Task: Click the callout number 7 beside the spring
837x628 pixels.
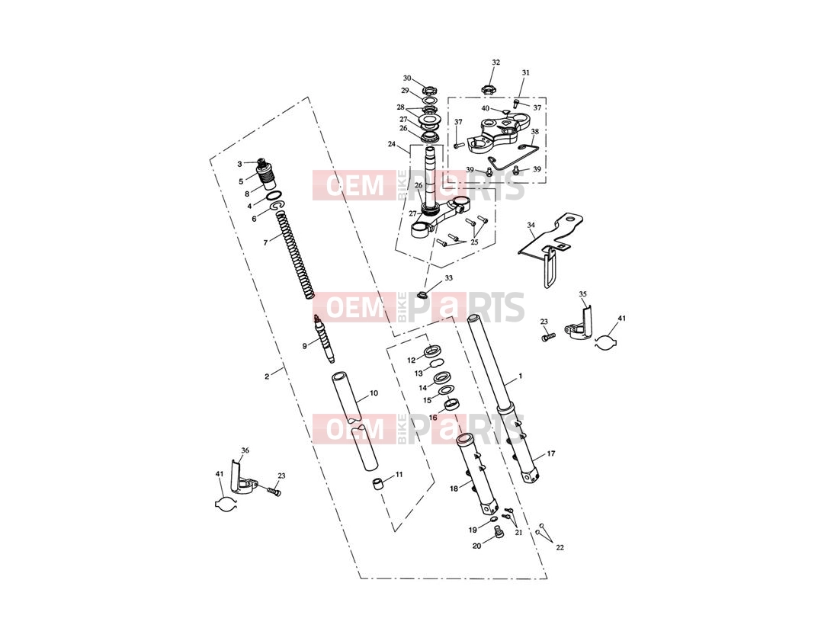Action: point(265,243)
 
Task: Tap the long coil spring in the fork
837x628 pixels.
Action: point(294,255)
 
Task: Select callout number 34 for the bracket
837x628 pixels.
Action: point(531,225)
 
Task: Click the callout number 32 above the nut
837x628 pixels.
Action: point(496,62)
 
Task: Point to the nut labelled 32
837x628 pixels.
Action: point(487,88)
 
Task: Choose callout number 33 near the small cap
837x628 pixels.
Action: point(448,278)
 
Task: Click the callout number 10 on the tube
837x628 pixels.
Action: point(374,393)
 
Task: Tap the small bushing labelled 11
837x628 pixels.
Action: point(378,485)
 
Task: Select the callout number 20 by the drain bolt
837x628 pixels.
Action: point(476,546)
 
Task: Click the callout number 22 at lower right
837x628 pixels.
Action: point(560,547)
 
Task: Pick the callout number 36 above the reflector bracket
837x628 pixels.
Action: point(245,450)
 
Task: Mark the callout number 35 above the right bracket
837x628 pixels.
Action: point(583,294)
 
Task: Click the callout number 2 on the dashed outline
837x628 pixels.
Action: point(267,376)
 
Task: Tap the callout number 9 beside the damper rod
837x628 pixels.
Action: point(305,346)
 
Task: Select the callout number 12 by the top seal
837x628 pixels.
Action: point(412,360)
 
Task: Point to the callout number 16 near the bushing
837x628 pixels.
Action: point(433,417)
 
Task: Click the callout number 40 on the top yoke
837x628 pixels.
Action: point(486,108)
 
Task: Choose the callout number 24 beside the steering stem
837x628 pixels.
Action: point(392,144)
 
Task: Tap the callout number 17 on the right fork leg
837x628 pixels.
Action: point(551,453)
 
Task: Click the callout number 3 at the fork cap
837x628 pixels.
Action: point(239,164)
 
